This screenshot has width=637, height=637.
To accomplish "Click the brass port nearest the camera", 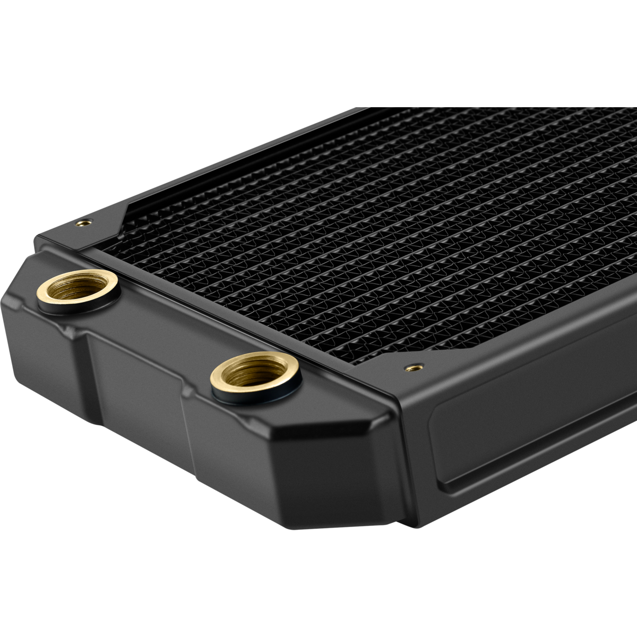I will (x=256, y=372).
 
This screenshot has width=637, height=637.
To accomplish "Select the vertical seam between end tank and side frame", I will (x=395, y=451).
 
